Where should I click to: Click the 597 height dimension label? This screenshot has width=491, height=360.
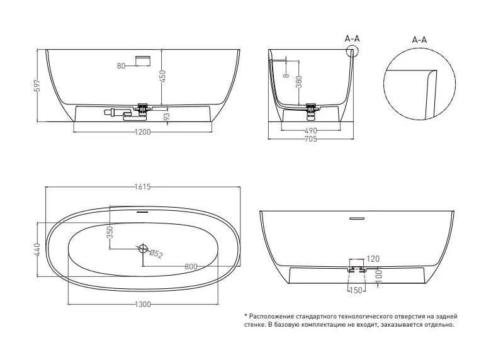(x=37, y=86)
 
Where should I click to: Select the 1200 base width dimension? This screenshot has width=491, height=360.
(x=142, y=132)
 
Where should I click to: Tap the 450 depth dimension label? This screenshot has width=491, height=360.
(x=162, y=76)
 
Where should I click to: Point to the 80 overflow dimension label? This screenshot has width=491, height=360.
(x=121, y=66)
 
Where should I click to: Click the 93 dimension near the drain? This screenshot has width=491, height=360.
(x=167, y=116)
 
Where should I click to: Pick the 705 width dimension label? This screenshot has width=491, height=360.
(x=310, y=139)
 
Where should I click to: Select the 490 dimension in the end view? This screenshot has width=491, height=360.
(x=310, y=130)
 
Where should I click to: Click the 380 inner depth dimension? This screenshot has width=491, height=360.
(x=299, y=82)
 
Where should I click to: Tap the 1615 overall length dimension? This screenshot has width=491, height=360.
(x=143, y=187)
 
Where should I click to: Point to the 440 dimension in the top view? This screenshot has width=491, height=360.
(x=37, y=249)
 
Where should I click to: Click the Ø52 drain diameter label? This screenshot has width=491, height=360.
(x=156, y=254)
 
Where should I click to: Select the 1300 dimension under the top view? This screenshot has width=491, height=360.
(x=143, y=304)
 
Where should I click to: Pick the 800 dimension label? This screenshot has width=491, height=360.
(x=191, y=267)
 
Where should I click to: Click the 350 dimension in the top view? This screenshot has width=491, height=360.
(x=110, y=232)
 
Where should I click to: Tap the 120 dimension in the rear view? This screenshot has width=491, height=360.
(x=373, y=259)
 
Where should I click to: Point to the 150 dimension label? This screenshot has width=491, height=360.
(x=356, y=291)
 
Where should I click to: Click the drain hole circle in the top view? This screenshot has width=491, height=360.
(x=143, y=248)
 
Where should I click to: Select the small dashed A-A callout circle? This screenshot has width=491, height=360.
(x=353, y=50)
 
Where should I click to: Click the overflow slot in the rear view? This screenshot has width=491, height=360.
(x=357, y=218)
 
